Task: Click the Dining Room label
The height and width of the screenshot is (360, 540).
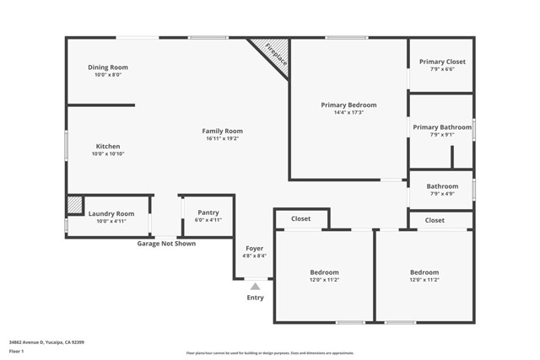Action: click(x=108, y=67)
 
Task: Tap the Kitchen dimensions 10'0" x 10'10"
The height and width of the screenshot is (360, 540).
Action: click(x=108, y=154)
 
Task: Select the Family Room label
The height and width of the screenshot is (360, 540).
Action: click(x=222, y=131)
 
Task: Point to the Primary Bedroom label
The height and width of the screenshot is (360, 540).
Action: click(x=348, y=105)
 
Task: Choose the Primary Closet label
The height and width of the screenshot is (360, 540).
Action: click(x=442, y=62)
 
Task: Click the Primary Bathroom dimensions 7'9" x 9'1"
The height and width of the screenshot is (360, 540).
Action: click(x=442, y=135)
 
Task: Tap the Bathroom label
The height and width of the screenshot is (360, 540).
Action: click(x=442, y=186)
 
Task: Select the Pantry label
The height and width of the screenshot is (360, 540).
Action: click(x=208, y=212)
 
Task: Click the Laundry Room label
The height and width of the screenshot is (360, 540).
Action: click(x=111, y=214)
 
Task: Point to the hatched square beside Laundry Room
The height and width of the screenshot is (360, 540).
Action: click(x=75, y=205)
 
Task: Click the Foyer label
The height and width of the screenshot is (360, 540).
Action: click(x=255, y=249)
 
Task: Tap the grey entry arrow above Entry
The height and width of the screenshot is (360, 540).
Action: click(x=255, y=287)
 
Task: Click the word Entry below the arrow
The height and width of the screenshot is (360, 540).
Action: click(x=255, y=298)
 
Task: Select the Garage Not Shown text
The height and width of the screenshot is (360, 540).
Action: click(x=166, y=244)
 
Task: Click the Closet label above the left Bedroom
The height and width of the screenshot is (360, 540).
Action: click(x=300, y=218)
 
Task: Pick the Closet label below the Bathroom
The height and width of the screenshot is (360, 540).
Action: click(x=435, y=220)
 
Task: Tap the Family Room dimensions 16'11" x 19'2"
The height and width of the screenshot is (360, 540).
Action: click(x=222, y=138)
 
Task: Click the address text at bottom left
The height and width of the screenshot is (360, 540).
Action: click(x=46, y=342)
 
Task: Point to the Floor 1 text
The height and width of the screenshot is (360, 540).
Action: click(x=17, y=352)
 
